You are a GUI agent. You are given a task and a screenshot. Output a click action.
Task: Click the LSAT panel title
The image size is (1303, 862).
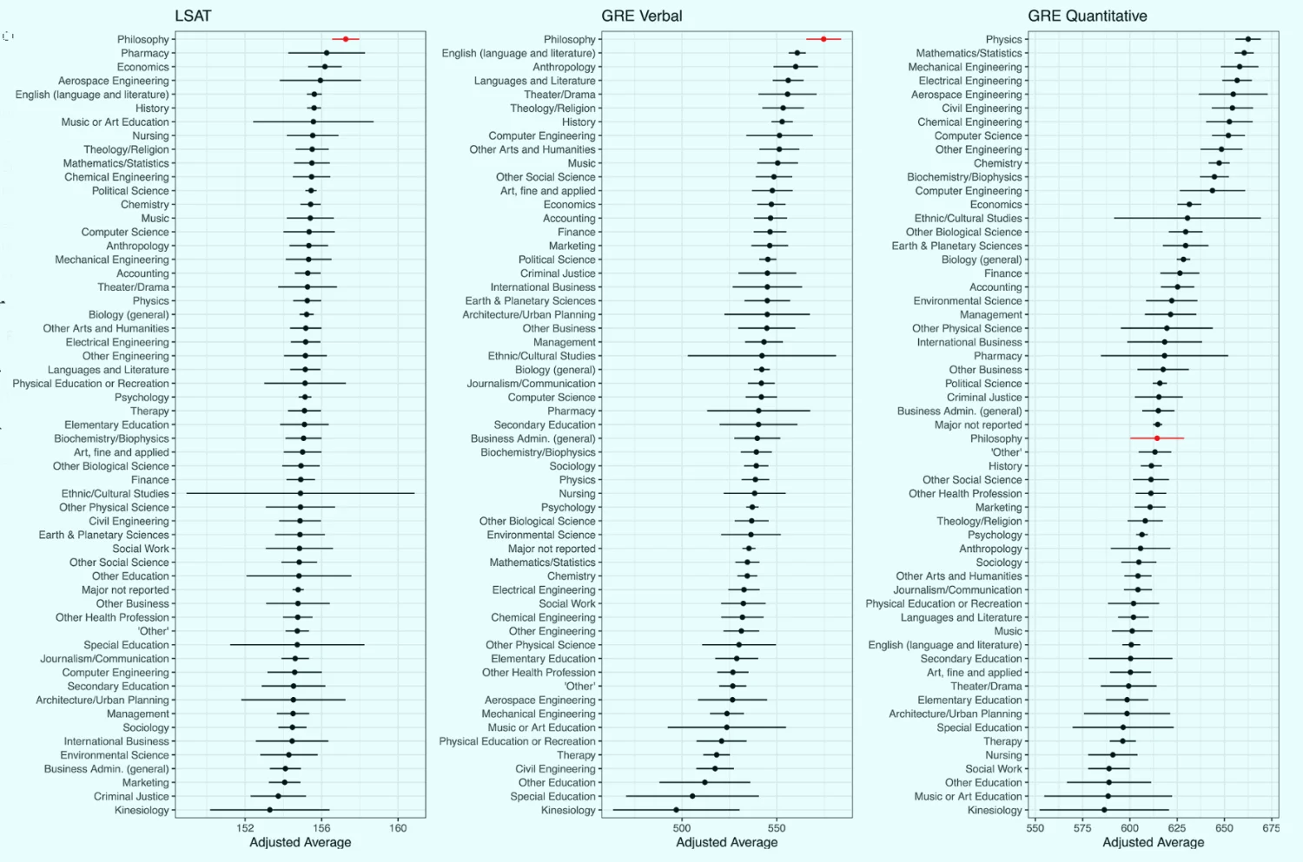click(193, 16)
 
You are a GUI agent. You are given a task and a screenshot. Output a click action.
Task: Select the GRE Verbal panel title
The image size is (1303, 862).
click(641, 16)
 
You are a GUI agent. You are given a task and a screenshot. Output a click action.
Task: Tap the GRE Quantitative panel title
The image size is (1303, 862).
click(1087, 16)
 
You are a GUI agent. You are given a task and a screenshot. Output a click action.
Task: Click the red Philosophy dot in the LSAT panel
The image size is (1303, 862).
click(346, 39)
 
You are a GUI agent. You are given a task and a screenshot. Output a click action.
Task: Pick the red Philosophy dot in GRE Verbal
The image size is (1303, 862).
click(823, 39)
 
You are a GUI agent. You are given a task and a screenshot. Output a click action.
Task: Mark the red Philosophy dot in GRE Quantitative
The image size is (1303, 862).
click(1156, 438)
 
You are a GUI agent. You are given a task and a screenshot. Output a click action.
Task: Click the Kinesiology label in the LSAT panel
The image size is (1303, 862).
click(142, 810)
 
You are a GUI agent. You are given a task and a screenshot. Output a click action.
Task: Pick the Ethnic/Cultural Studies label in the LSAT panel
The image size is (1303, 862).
click(115, 493)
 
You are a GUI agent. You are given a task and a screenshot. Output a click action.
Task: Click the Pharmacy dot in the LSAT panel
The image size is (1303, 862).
click(327, 53)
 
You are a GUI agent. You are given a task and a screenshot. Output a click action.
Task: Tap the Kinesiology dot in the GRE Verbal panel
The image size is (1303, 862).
click(676, 810)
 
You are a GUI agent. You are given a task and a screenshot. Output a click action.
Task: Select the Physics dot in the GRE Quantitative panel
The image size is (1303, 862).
click(1248, 39)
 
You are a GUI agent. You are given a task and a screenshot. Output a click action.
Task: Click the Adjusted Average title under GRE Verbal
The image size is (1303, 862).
click(726, 842)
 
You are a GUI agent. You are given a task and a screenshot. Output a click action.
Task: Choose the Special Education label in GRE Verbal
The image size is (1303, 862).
click(552, 796)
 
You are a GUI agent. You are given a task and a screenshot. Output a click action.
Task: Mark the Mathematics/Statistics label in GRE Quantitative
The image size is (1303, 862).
click(969, 53)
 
